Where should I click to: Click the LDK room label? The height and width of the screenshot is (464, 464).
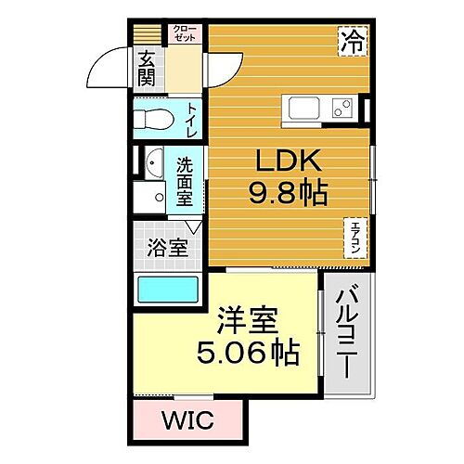click(x=286, y=163)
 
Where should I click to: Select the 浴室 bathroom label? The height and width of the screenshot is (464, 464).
click(x=168, y=248)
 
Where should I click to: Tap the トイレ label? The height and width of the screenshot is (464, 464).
click(x=191, y=119)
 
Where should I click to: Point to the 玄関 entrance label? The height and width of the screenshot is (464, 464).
click(x=147, y=66)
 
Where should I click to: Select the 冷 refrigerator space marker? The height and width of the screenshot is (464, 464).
click(x=353, y=41)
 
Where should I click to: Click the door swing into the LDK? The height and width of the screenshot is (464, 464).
click(x=221, y=71)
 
